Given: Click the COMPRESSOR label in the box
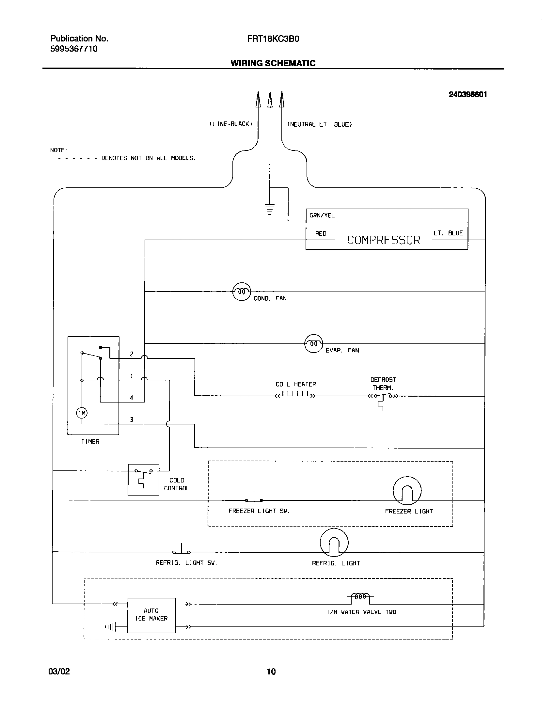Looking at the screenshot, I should coord(383,240).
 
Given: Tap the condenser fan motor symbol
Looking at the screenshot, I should coord(242,292).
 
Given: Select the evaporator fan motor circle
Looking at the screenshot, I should coord(314,343).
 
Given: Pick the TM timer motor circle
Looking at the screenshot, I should coord(82,413).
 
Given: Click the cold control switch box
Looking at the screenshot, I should coord(143,479).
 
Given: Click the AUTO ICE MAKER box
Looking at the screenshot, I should coord(151,615).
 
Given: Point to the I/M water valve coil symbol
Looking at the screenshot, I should coord(360,597).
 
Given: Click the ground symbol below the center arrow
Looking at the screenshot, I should coord(270,209).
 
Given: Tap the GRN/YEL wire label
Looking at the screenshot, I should coord(322,216).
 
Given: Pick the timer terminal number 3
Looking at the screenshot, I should coord(132,420).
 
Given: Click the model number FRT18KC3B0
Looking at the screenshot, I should coord(273,39).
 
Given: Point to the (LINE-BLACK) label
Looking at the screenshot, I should coord(231,124).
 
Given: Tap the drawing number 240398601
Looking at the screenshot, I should coord(468,95).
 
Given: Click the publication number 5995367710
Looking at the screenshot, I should coord(74,49).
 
